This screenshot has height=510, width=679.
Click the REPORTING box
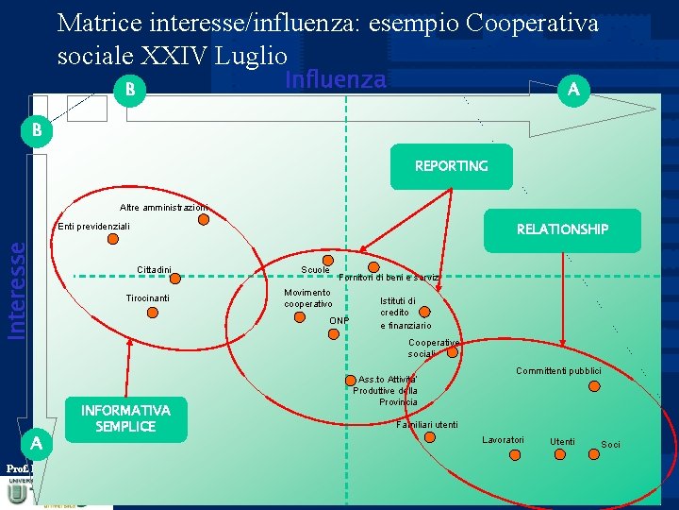coord(451,166)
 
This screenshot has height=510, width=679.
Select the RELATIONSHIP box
coord(562,229)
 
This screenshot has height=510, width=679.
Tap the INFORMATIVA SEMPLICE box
coord(125,418)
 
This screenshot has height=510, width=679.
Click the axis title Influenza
coord(336,80)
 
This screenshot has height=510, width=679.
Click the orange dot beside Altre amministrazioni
coord(204,221)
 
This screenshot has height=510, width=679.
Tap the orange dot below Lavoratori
coord(515,456)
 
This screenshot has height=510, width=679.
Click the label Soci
coord(610,445)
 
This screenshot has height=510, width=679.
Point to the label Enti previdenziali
coord(93,227)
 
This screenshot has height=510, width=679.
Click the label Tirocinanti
coord(148,298)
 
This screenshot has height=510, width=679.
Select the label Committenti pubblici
coord(558,371)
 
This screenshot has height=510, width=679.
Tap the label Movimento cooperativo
coord(308,297)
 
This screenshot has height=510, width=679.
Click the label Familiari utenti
coord(427,425)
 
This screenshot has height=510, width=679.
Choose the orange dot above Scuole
coord(327,260)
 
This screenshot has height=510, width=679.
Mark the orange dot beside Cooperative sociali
coord(452,351)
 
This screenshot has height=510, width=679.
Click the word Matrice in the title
coord(93,22)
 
